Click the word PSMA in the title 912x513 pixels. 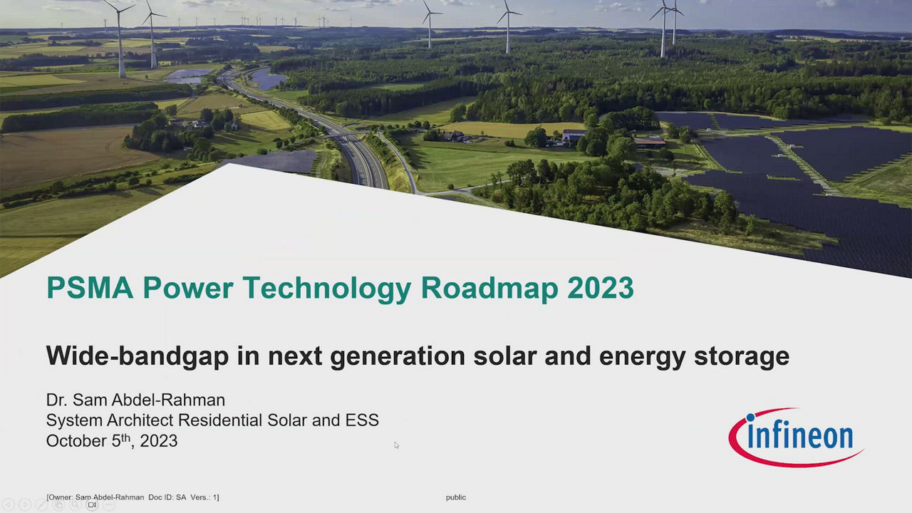[x=90, y=288]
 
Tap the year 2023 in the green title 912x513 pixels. [x=601, y=288]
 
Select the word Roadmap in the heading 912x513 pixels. [x=489, y=289]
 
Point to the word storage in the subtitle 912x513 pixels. [x=742, y=357]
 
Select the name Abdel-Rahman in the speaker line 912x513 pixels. [x=168, y=400]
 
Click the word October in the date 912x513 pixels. [x=76, y=441]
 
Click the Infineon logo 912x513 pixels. [x=796, y=437]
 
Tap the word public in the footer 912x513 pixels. [x=456, y=497]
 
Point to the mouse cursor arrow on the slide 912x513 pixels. [x=397, y=445]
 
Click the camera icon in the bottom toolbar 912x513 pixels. [x=93, y=505]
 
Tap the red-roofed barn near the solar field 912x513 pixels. [x=649, y=142]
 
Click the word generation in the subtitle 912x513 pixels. [x=398, y=357]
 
